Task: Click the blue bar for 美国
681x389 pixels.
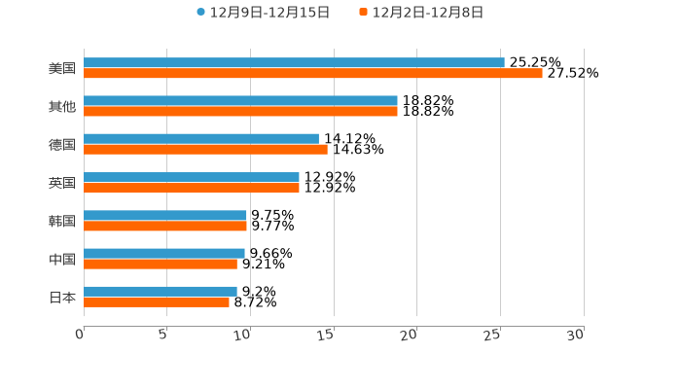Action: (294, 63)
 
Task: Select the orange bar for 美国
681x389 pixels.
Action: (312, 74)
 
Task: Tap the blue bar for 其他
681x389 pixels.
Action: (240, 101)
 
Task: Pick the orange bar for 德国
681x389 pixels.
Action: (205, 150)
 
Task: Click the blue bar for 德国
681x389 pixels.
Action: (201, 139)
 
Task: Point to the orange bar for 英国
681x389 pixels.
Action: (192, 188)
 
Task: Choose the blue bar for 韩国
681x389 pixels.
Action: (165, 215)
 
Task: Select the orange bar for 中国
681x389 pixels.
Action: (161, 264)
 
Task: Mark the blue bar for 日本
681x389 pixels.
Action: (161, 291)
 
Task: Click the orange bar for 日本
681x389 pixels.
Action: (157, 301)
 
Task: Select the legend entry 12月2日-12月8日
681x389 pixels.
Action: (427, 13)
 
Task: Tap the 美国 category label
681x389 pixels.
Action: (62, 69)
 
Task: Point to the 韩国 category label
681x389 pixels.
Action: (62, 221)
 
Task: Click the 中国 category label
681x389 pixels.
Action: (62, 259)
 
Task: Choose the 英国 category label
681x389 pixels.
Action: (62, 183)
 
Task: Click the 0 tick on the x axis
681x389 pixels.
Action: (81, 335)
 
